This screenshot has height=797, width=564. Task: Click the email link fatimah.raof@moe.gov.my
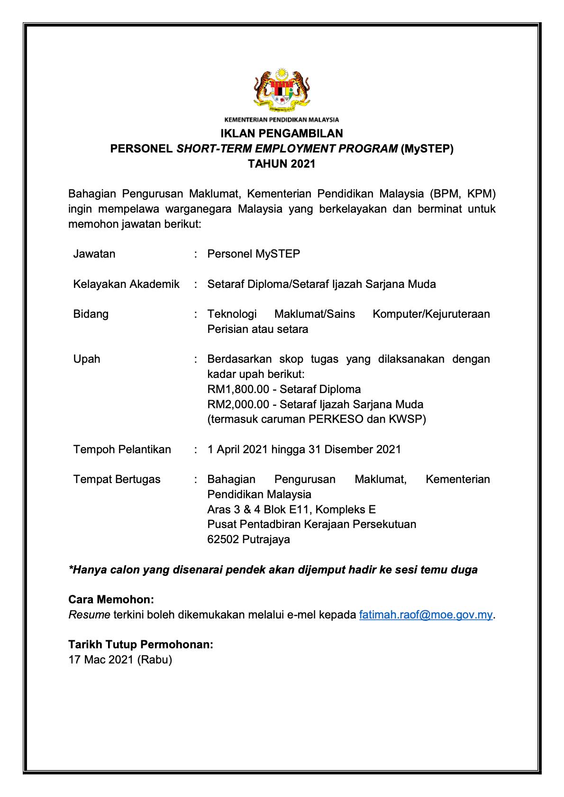[426, 615]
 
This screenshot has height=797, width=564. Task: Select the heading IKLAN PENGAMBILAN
[282, 133]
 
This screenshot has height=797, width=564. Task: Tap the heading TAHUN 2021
[282, 164]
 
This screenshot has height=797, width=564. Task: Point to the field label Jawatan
[94, 254]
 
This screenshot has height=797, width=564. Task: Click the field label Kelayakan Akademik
[126, 284]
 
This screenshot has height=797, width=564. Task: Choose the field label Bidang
[91, 314]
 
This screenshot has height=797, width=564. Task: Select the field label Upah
[87, 359]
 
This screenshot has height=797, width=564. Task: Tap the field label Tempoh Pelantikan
[122, 449]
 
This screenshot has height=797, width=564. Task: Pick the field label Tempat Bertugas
[117, 479]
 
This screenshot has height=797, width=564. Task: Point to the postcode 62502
[223, 539]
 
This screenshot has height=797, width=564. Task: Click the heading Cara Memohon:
[111, 600]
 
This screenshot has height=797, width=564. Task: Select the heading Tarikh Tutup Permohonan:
[141, 645]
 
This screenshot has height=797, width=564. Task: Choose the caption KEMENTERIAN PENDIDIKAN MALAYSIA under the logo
[282, 120]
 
